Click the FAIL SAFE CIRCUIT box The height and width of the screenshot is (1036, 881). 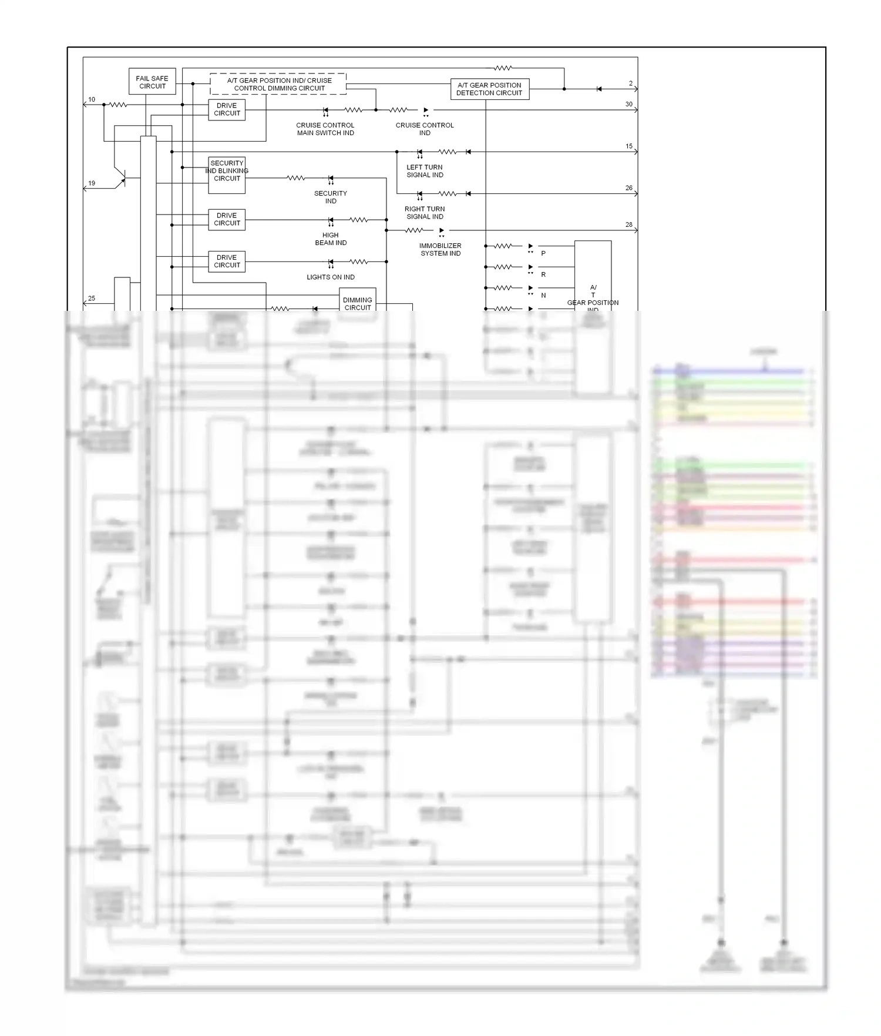point(152,82)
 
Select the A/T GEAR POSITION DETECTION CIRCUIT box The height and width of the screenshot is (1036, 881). point(489,89)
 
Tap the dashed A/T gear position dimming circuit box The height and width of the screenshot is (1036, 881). point(278,84)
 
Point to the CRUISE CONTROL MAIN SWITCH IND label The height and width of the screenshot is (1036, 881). point(325,129)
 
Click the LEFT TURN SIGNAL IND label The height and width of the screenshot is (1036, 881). point(425,171)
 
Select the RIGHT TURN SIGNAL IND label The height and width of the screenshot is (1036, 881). point(425,213)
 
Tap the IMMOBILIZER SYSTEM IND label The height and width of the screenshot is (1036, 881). point(441,249)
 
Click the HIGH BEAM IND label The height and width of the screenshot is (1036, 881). point(331,239)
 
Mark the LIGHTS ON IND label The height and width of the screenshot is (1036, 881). point(331,277)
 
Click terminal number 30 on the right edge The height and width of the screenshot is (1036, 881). point(629,105)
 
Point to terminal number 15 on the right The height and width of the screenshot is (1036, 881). point(629,146)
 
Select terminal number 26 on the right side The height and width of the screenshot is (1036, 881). point(629,188)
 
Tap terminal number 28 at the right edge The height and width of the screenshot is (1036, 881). point(629,224)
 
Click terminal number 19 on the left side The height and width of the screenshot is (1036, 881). point(92,183)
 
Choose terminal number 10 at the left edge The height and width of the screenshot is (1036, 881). point(92,100)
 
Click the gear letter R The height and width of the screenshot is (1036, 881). point(543,274)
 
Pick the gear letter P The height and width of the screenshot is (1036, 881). point(543,253)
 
